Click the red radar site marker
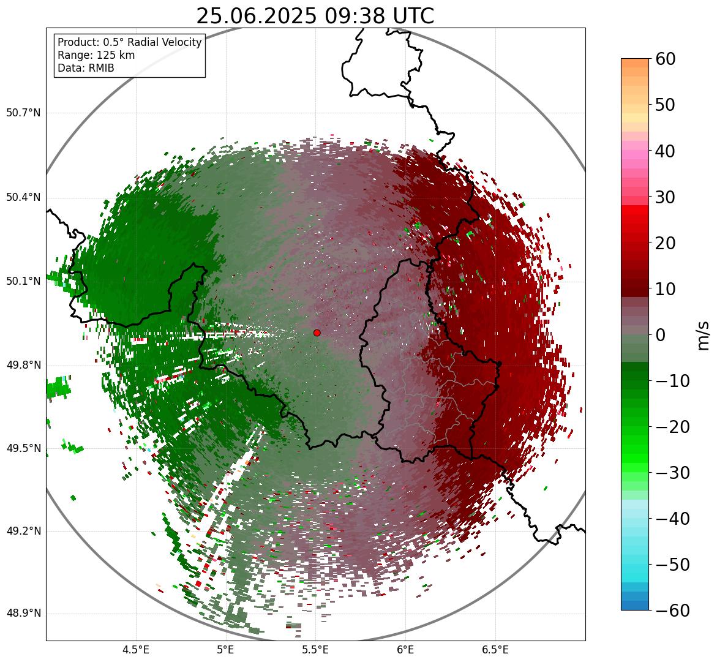click(317, 333)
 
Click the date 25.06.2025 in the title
click(255, 16)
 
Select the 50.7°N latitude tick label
click(23, 113)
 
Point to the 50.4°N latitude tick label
click(23, 197)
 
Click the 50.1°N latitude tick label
click(23, 281)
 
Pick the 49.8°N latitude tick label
click(23, 365)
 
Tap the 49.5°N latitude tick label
click(23, 448)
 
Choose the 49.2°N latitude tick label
click(23, 531)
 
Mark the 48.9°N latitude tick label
click(23, 614)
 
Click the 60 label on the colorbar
click(665, 59)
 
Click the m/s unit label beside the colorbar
click(704, 335)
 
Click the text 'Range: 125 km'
click(96, 55)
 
